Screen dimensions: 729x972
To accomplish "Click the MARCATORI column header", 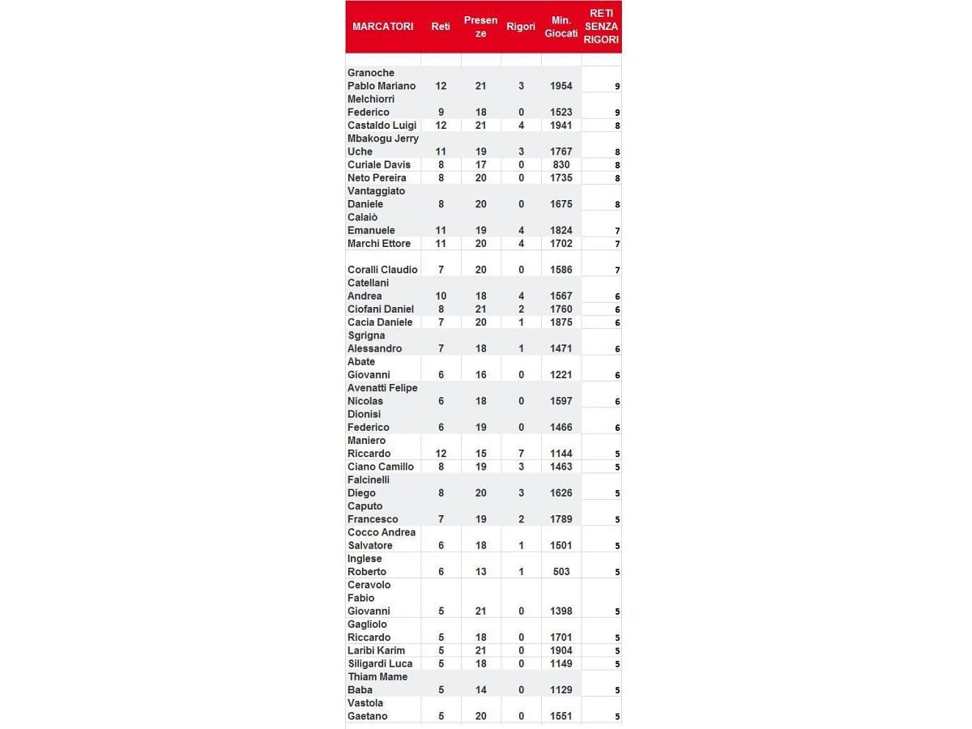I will click(x=382, y=27).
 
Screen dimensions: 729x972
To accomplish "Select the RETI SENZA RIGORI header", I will click(x=601, y=27).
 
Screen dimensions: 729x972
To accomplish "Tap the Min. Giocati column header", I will click(x=561, y=27).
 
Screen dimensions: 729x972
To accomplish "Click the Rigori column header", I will click(x=521, y=27).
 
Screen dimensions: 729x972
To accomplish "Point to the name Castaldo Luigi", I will click(x=382, y=126).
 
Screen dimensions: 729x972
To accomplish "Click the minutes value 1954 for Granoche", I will click(x=561, y=86).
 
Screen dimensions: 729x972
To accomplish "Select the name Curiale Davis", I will click(x=379, y=164).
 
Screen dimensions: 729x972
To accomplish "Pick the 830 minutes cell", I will click(x=561, y=164).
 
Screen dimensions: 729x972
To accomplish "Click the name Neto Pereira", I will click(x=377, y=178).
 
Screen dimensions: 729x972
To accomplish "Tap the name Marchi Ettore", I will click(x=379, y=244).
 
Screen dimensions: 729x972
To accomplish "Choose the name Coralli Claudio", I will click(x=382, y=270).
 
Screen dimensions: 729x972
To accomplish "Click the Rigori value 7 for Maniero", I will click(x=521, y=454).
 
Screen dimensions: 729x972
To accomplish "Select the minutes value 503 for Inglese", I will click(x=561, y=572).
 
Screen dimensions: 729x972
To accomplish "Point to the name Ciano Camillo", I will click(x=381, y=467).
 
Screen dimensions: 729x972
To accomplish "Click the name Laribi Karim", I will click(x=377, y=650).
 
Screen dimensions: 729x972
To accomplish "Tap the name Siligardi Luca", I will click(x=380, y=663).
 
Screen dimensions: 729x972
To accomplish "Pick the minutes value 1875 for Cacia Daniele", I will click(x=561, y=322).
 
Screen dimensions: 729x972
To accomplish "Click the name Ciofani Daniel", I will click(x=381, y=309).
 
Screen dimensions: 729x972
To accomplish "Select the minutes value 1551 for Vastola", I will click(x=561, y=716).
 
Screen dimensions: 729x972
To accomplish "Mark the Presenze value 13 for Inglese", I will click(x=481, y=572).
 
